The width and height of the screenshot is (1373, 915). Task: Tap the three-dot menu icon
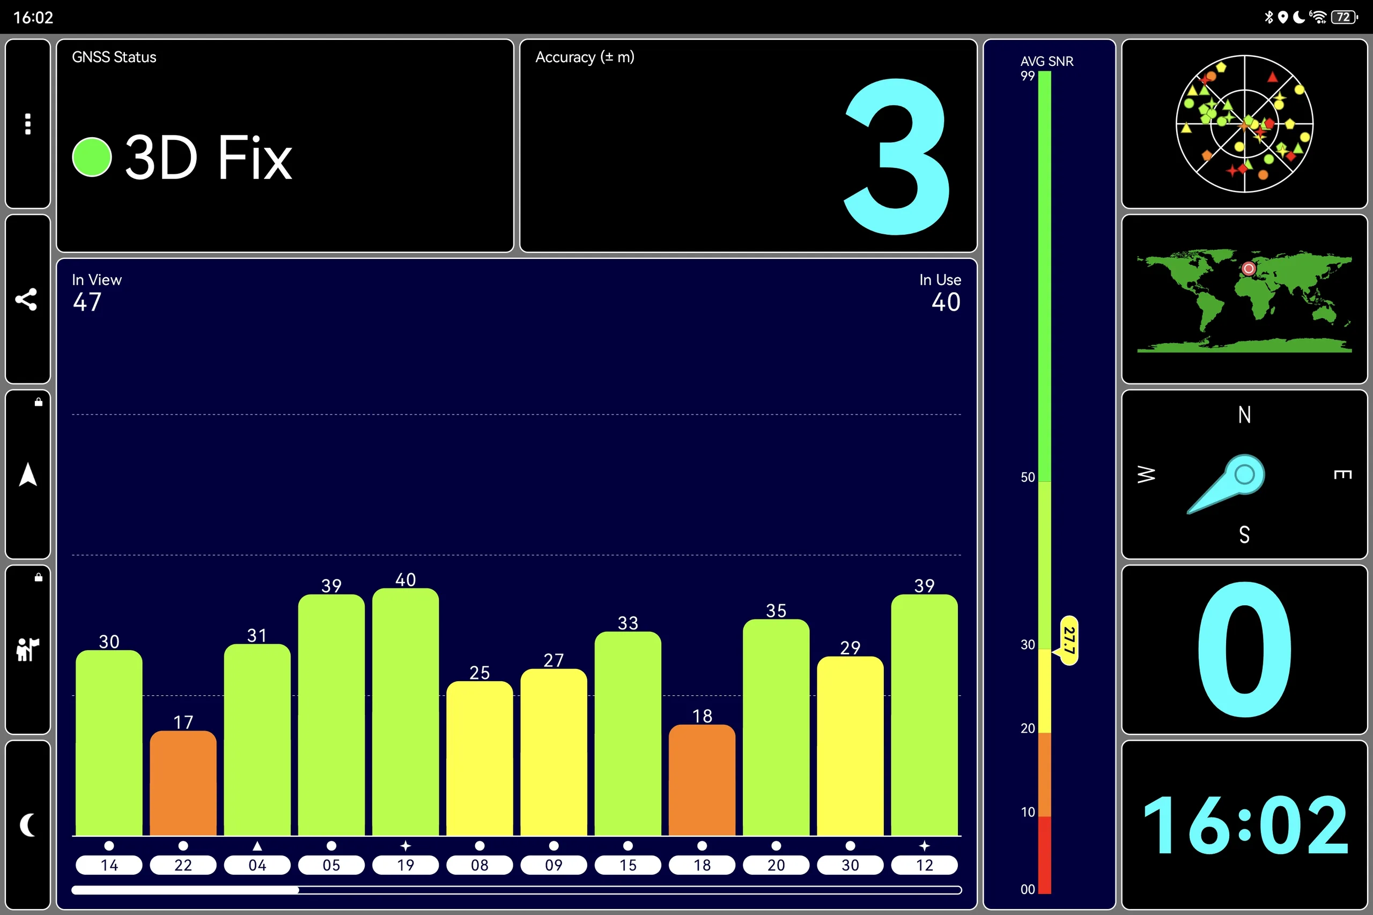coord(27,124)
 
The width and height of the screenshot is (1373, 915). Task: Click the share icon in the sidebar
coord(26,299)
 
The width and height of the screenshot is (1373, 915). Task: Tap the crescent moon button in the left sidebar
coord(27,824)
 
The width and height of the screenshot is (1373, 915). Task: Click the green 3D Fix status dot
coord(92,157)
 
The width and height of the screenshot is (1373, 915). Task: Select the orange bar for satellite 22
coord(183,783)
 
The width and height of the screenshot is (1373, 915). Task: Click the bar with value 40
coord(405,712)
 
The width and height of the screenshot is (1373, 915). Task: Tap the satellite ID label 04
coord(257,865)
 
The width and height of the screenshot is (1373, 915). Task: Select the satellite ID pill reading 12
coord(925,865)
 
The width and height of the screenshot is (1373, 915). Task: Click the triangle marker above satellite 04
coord(257,845)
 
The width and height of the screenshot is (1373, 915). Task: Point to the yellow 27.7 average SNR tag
coord(1069,640)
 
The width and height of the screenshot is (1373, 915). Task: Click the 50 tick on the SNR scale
coord(1028,478)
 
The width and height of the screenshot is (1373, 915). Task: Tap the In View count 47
coord(87,302)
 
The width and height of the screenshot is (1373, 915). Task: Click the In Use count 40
coord(946,302)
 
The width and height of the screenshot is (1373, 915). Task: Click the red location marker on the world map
coord(1249,269)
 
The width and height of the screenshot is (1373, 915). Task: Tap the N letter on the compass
coord(1245,415)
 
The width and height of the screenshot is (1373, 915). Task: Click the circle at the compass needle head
coord(1245,474)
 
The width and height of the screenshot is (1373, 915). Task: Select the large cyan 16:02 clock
coord(1245,827)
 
